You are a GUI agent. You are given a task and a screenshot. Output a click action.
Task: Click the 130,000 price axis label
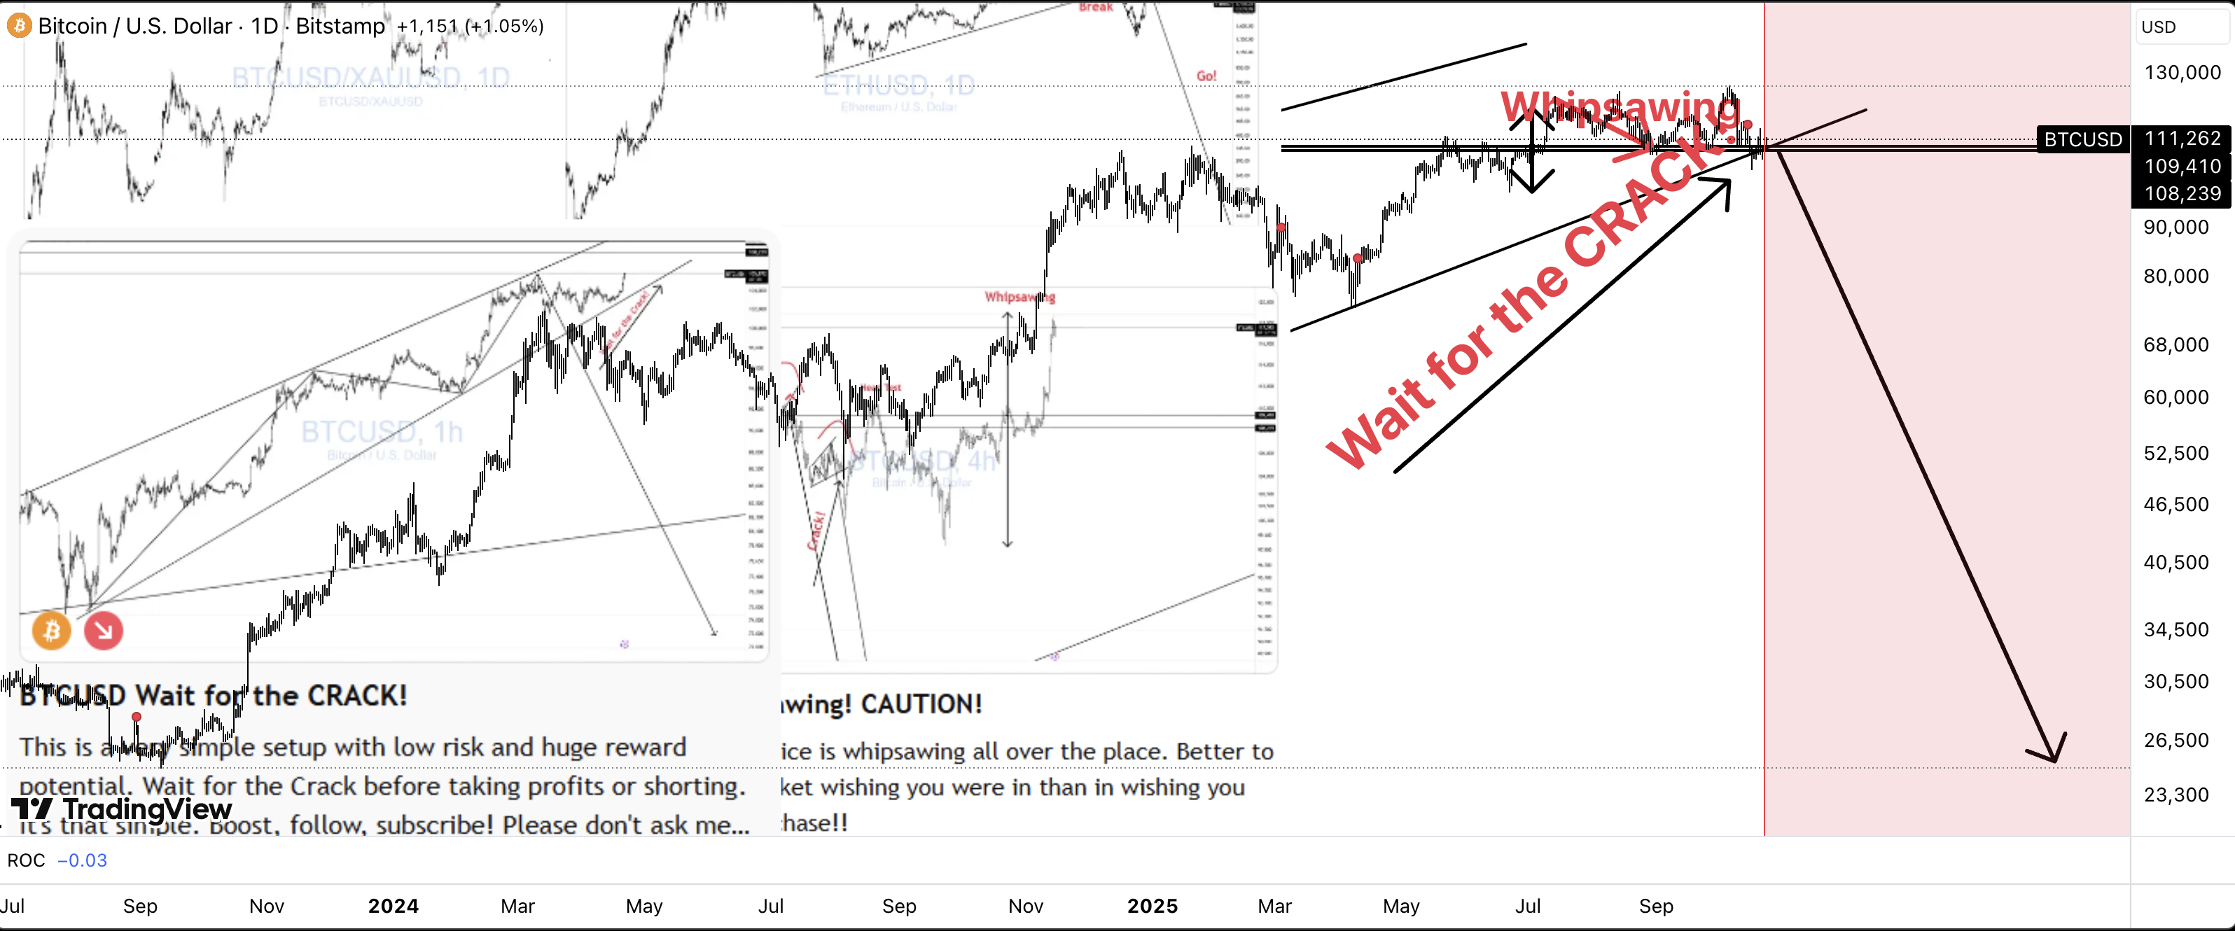2181,72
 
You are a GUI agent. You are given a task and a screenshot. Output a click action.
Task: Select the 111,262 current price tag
2181,138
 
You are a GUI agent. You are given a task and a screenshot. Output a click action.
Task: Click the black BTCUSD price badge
2082,139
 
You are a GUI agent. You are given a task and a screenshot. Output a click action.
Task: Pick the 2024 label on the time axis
393,906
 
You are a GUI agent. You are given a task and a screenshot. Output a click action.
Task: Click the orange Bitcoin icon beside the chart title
18,25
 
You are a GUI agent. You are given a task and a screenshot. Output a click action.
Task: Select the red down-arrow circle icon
103,631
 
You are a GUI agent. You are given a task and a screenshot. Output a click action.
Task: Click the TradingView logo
121,808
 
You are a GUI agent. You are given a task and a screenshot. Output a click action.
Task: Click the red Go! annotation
1206,76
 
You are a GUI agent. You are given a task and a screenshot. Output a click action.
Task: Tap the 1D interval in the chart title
265,26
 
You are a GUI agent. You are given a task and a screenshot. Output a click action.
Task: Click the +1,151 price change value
427,26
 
